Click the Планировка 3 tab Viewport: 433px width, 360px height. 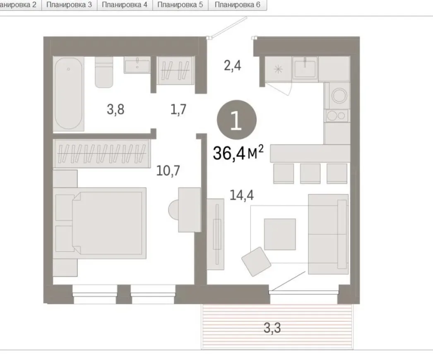pos(69,5)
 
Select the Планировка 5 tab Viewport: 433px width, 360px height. pos(180,5)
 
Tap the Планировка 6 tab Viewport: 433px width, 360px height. pos(238,5)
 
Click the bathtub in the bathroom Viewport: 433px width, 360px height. pos(68,94)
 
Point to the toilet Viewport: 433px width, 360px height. pos(104,72)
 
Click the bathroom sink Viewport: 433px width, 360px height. pos(137,65)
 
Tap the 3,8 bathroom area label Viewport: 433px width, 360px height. pos(116,110)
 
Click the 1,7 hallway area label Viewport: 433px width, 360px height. pos(178,109)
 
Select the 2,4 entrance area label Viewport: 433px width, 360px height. pos(233,66)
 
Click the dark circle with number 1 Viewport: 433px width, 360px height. pos(237,120)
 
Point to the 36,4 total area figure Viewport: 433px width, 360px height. pos(229,153)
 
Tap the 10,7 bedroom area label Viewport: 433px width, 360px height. pos(168,170)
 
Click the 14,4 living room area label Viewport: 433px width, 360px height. pos(242,195)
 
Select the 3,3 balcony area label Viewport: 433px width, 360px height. pos(272,328)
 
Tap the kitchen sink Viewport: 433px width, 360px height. pos(305,68)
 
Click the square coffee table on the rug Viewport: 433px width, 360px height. pos(280,234)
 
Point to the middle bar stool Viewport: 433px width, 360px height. pos(310,174)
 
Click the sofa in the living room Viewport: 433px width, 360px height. pos(328,234)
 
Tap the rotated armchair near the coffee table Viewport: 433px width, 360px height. pos(256,261)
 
